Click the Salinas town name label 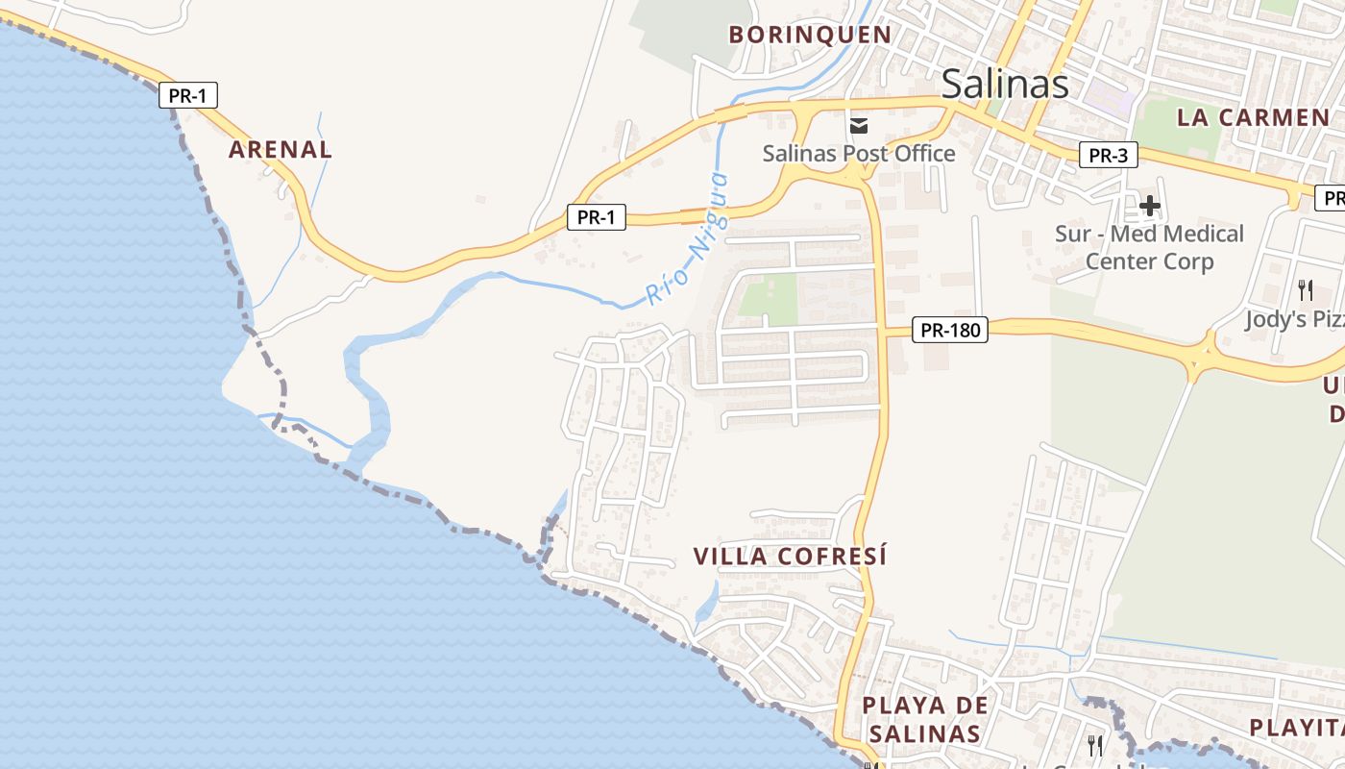pyautogui.click(x=1004, y=85)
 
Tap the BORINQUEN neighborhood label pyautogui.click(x=810, y=35)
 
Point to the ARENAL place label pyautogui.click(x=281, y=149)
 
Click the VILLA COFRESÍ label pyautogui.click(x=790, y=556)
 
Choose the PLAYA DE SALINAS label pyautogui.click(x=924, y=719)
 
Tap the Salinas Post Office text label pyautogui.click(x=859, y=153)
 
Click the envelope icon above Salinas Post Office pyautogui.click(x=859, y=125)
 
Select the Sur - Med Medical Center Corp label pyautogui.click(x=1149, y=247)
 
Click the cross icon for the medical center pyautogui.click(x=1149, y=205)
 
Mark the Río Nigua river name pyautogui.click(x=688, y=238)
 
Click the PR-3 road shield pyautogui.click(x=1108, y=155)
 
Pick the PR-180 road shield pyautogui.click(x=949, y=330)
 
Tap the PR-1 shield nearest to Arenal pyautogui.click(x=187, y=95)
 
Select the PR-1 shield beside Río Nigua pyautogui.click(x=596, y=217)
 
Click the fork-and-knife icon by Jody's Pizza pyautogui.click(x=1305, y=289)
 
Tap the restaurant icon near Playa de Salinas pyautogui.click(x=1094, y=744)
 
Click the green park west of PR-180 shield pyautogui.click(x=768, y=299)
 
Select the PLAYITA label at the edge pyautogui.click(x=1297, y=727)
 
